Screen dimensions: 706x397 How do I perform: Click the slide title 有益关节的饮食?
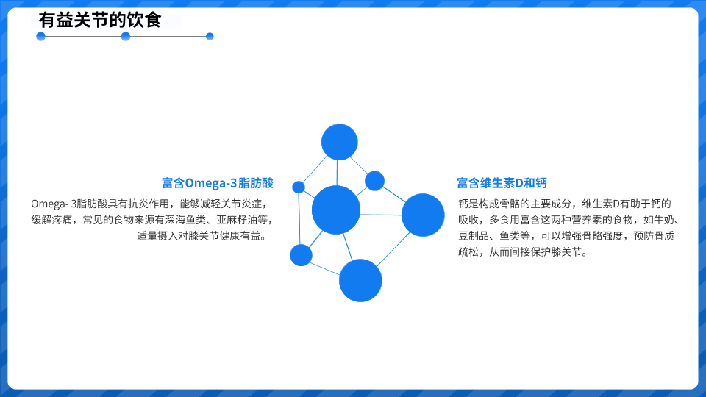click(99, 21)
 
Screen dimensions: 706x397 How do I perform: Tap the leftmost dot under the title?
click(41, 37)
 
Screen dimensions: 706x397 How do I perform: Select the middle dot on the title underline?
click(126, 37)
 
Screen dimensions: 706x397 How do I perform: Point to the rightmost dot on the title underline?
click(210, 37)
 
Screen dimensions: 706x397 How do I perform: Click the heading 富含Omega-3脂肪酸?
click(218, 183)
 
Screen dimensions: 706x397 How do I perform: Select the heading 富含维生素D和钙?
click(502, 183)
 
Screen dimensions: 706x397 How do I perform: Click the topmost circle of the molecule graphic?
click(340, 142)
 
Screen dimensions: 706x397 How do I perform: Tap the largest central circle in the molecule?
click(336, 210)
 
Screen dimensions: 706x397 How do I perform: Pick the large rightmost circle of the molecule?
click(423, 215)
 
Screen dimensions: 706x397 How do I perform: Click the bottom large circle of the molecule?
click(360, 280)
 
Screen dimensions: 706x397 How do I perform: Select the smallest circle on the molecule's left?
click(299, 187)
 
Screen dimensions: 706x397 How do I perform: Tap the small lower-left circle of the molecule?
click(301, 255)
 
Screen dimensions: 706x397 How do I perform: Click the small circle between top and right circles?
click(374, 181)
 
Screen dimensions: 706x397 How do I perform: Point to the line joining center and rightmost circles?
click(381, 215)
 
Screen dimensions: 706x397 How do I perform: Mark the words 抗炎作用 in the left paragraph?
click(149, 204)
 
